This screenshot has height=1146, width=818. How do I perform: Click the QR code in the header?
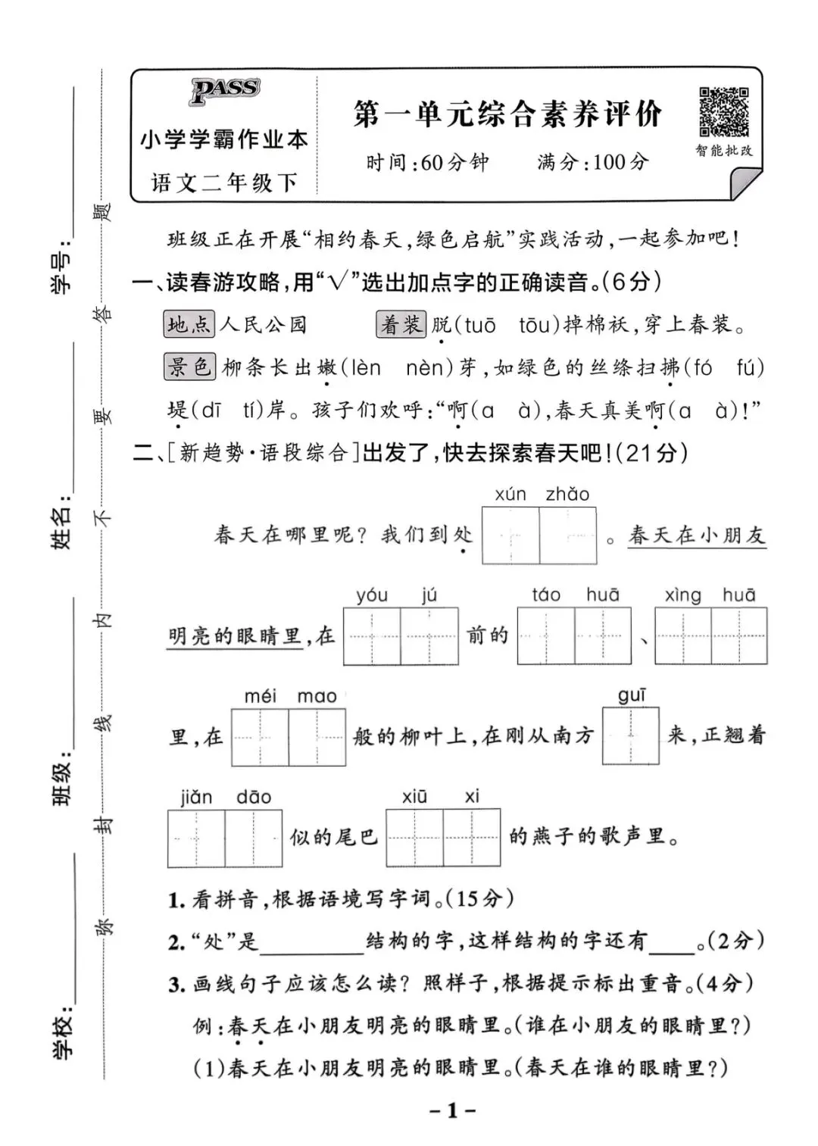coord(723,112)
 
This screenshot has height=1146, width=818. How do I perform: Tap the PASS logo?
coord(224,90)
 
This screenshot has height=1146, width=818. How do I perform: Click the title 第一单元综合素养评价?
coord(507,114)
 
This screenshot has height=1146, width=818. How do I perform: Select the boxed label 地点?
coord(189,325)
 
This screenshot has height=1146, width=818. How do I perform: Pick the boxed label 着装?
coord(401,325)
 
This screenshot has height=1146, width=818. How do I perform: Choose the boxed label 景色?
coord(189,367)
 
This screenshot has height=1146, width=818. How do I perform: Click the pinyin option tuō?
coord(479,326)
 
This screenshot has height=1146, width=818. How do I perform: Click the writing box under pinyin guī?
coord(630,735)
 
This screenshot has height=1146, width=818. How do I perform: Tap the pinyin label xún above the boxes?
coord(510,495)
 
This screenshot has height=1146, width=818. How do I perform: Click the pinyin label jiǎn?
coord(196,797)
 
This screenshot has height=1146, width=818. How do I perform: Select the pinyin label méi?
coord(260,695)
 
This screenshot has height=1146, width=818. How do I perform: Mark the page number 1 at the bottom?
coord(452,1111)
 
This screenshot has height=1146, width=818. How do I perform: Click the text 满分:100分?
coord(592,161)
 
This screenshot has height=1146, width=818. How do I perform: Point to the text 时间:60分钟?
coord(427,162)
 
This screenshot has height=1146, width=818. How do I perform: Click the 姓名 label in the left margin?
coord(62,523)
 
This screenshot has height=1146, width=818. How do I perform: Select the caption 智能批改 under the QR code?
coord(723,151)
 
